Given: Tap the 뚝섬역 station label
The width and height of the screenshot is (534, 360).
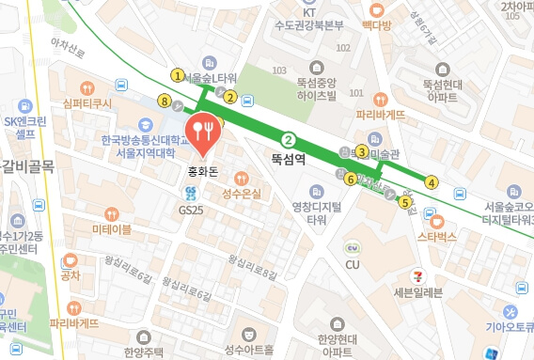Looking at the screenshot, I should (289, 160).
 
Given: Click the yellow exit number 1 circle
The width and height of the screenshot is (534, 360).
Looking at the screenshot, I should (177, 75).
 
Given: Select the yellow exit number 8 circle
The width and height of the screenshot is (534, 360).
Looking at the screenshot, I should (165, 101).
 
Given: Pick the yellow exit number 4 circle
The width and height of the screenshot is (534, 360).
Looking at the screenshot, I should (432, 182).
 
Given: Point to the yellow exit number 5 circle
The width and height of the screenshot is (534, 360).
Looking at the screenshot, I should (405, 201).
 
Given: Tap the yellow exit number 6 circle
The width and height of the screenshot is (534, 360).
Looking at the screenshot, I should (350, 179).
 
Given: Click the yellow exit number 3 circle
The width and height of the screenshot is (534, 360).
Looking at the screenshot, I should (362, 151).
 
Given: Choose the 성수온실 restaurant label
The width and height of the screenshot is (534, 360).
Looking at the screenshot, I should (241, 194).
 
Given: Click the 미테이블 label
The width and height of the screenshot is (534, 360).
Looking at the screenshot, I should (112, 228).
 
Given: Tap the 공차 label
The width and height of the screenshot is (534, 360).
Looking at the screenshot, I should (71, 275).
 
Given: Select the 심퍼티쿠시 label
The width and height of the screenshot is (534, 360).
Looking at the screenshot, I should (87, 102).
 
